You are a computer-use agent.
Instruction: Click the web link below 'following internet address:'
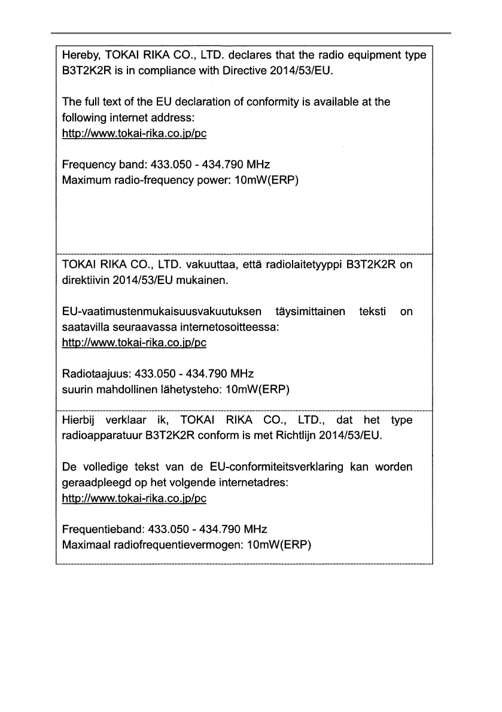click(x=134, y=133)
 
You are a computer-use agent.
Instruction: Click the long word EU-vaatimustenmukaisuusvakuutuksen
click(x=162, y=312)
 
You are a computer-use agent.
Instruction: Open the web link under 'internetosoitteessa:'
click(x=134, y=343)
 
